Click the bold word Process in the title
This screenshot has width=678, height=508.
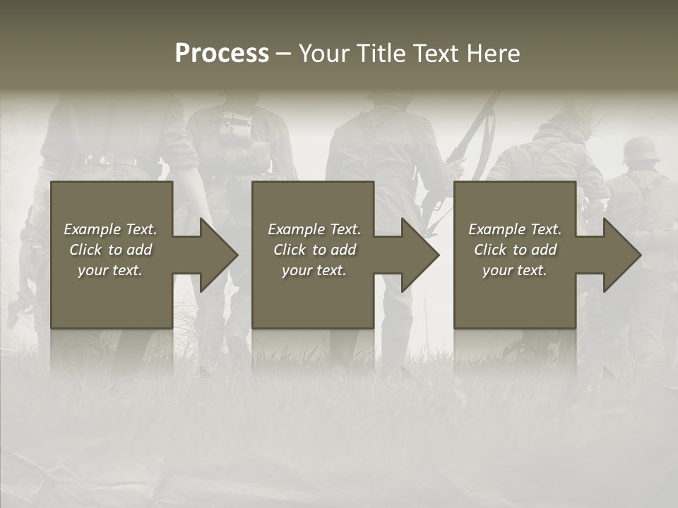222,54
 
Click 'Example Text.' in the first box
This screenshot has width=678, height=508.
110,229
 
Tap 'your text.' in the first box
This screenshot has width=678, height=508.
110,270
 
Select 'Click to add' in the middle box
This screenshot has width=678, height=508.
314,250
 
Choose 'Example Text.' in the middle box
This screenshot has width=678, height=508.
314,229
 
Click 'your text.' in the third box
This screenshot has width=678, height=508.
515,270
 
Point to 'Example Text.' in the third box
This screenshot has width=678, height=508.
515,229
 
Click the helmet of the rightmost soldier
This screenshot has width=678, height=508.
641,150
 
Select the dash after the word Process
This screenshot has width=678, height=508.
284,54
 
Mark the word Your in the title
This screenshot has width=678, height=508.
324,54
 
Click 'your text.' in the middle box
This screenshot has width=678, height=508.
314,270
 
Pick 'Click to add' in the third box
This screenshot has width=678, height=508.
515,250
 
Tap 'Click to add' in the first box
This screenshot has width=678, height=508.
110,250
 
